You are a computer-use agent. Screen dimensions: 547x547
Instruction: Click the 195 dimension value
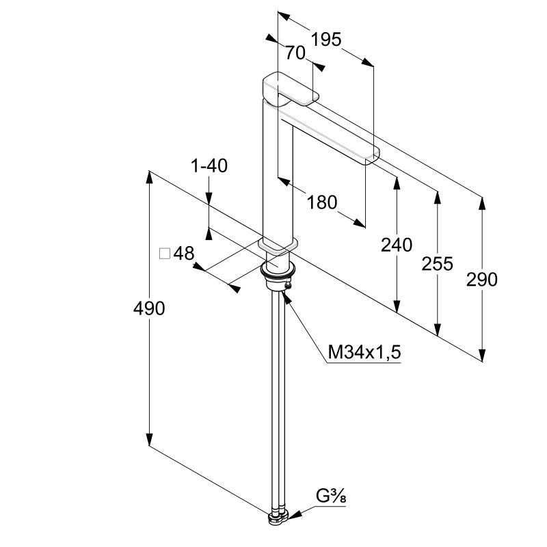click(326, 40)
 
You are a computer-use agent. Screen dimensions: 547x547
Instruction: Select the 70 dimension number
click(295, 53)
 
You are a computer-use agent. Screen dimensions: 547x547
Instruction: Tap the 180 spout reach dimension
click(322, 202)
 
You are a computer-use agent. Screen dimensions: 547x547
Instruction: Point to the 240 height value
click(397, 245)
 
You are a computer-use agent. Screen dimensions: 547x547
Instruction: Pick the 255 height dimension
click(437, 263)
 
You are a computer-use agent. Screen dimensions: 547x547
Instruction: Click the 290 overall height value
click(482, 280)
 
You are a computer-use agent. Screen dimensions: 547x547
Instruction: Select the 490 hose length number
click(149, 309)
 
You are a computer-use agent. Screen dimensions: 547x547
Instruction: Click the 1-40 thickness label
click(209, 165)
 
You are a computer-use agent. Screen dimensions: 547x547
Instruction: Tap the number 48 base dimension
click(184, 254)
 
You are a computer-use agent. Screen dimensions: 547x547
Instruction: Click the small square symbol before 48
click(165, 254)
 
